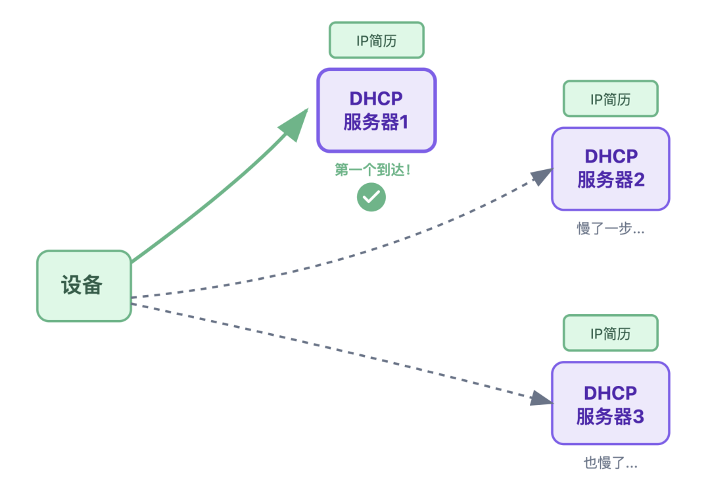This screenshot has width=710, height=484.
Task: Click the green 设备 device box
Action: click(83, 286)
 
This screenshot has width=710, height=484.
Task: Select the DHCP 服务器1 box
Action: click(376, 111)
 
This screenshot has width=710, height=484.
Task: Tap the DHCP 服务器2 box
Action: click(610, 169)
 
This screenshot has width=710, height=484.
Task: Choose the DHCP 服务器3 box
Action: click(610, 403)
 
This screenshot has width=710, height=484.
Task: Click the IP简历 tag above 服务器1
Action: click(376, 40)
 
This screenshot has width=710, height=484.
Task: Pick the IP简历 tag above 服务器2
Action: click(610, 99)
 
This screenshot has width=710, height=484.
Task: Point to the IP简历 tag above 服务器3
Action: click(610, 333)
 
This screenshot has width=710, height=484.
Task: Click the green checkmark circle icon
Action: click(371, 197)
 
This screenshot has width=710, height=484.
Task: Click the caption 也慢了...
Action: click(610, 463)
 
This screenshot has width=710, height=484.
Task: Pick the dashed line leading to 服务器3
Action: click(329, 349)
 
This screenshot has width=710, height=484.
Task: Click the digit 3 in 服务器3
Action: click(638, 417)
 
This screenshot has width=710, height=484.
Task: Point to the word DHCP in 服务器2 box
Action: click(611, 157)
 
